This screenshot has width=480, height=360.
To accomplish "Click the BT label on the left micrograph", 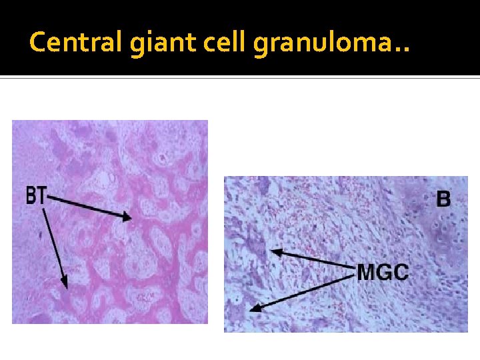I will tap(37, 195).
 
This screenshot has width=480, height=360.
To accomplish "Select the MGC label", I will tap(383, 272).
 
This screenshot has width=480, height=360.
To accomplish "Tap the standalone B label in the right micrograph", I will tap(443, 198).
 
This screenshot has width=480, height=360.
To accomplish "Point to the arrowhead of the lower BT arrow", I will tap(65, 285).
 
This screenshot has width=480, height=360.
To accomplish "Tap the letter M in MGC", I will tap(367, 272).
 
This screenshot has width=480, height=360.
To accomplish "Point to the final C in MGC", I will tap(400, 272).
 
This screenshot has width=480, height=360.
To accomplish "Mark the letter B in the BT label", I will tap(31, 195).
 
